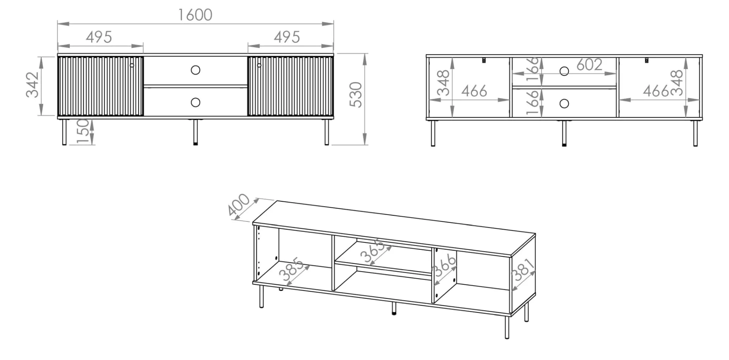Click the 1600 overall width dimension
[195, 15]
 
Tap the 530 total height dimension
[356, 95]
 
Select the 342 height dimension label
[33, 84]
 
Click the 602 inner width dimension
[589, 65]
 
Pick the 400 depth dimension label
[238, 205]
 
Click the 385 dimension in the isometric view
[291, 269]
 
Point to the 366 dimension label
[444, 266]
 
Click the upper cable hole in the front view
[196, 70]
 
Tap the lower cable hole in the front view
[196, 102]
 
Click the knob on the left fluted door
[132, 65]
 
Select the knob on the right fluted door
[259, 65]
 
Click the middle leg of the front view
[196, 132]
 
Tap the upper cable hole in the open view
[564, 71]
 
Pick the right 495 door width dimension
[287, 37]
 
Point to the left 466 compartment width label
[474, 91]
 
